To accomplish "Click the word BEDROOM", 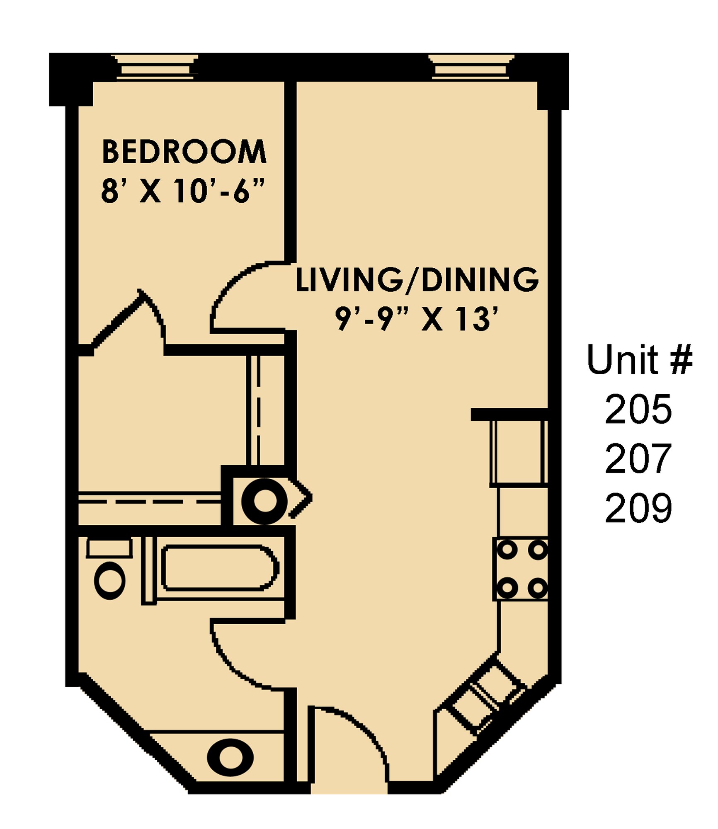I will (x=184, y=152).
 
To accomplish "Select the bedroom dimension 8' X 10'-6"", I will (x=182, y=191).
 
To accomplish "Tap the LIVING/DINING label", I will (x=417, y=280).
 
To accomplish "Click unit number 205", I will (x=638, y=410).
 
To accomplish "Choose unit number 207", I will (x=638, y=459).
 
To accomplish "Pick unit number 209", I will (x=638, y=508).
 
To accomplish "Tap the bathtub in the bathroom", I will (x=220, y=568).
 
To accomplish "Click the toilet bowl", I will (x=110, y=580).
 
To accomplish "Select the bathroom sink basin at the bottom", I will (x=230, y=758).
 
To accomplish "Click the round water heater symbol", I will (x=264, y=502).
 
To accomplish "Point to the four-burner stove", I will (x=521, y=569).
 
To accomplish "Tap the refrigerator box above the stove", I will (x=518, y=453).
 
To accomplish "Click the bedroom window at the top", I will (x=155, y=67).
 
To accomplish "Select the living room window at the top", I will (x=471, y=67).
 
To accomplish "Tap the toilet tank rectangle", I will (x=109, y=548).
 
